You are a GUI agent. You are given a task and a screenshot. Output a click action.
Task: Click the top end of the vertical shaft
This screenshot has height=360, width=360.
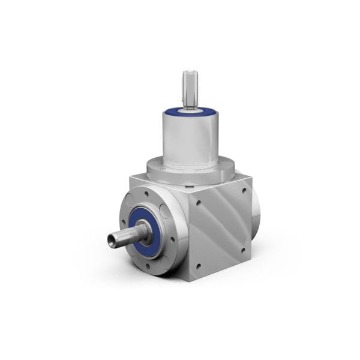[x=190, y=73]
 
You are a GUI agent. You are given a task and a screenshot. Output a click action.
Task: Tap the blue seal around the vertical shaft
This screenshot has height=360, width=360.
[x=191, y=111]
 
